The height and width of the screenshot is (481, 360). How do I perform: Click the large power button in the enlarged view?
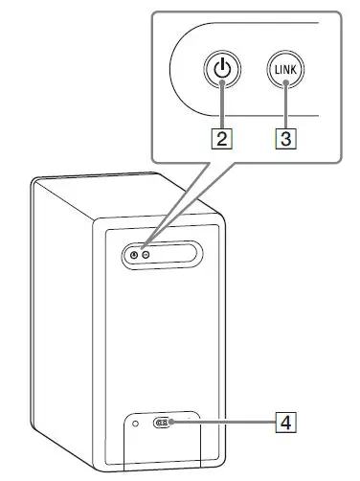221,70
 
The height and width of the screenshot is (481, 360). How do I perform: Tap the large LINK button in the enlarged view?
284,70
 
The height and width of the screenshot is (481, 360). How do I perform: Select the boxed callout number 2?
221,137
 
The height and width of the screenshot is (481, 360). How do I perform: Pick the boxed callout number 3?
284,137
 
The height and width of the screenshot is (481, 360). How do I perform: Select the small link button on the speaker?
145,254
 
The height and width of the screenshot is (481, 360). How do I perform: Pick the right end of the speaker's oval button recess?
193,254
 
